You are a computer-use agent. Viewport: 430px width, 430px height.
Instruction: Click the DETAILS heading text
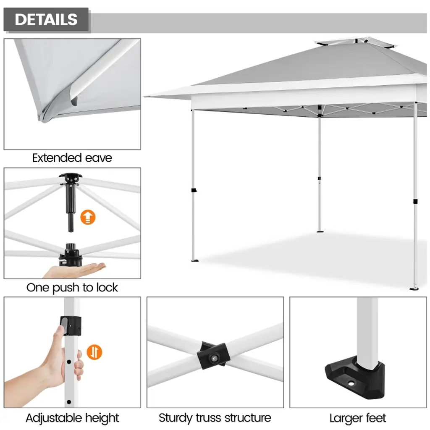(46, 19)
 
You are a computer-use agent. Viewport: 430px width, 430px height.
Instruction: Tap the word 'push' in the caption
(66, 288)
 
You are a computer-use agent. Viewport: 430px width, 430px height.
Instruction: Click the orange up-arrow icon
(88, 217)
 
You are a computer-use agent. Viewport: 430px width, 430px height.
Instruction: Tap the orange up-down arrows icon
(94, 352)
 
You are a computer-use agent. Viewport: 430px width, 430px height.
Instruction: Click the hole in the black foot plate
(351, 383)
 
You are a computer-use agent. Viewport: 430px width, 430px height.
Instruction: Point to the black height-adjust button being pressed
(71, 326)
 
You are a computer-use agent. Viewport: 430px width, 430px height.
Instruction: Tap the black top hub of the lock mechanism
(71, 178)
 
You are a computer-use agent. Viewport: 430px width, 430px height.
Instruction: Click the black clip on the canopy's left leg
(194, 190)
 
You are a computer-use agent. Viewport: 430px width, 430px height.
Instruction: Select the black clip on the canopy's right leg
(415, 202)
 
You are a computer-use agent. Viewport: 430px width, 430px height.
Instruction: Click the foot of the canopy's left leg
(195, 260)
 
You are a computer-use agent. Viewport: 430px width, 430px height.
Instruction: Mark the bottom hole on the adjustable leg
(69, 402)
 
